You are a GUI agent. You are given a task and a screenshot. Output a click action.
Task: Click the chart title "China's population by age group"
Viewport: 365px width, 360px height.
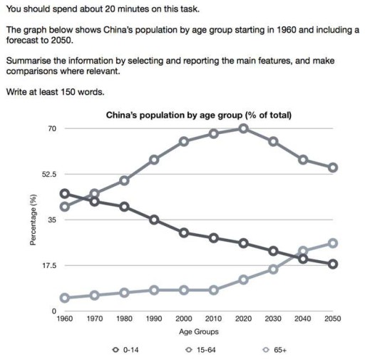pyautogui.click(x=199, y=115)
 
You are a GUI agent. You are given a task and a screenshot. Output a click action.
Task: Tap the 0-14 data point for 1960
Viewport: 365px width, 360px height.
pyautogui.click(x=64, y=193)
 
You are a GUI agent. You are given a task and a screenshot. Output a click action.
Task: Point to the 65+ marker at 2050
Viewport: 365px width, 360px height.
pyautogui.click(x=333, y=243)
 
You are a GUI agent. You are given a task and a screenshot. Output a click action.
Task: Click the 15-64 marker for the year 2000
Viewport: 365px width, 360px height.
pyautogui.click(x=184, y=141)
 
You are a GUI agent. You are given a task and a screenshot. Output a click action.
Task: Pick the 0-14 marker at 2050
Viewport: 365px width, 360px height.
pyautogui.click(x=333, y=264)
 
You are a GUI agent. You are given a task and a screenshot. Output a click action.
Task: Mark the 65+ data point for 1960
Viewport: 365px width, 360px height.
pyautogui.click(x=64, y=298)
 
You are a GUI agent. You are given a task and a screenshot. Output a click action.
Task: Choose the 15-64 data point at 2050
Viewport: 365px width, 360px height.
pyautogui.click(x=333, y=168)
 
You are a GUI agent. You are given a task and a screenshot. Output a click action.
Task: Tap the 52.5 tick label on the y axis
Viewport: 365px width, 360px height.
pyautogui.click(x=49, y=174)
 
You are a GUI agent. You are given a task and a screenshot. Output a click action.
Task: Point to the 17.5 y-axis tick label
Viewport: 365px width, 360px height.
pyautogui.click(x=49, y=265)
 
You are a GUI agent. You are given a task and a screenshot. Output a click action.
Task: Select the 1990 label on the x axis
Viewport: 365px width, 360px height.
pyautogui.click(x=154, y=320)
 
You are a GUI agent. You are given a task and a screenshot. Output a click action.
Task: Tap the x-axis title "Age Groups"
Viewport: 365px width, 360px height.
pyautogui.click(x=199, y=331)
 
